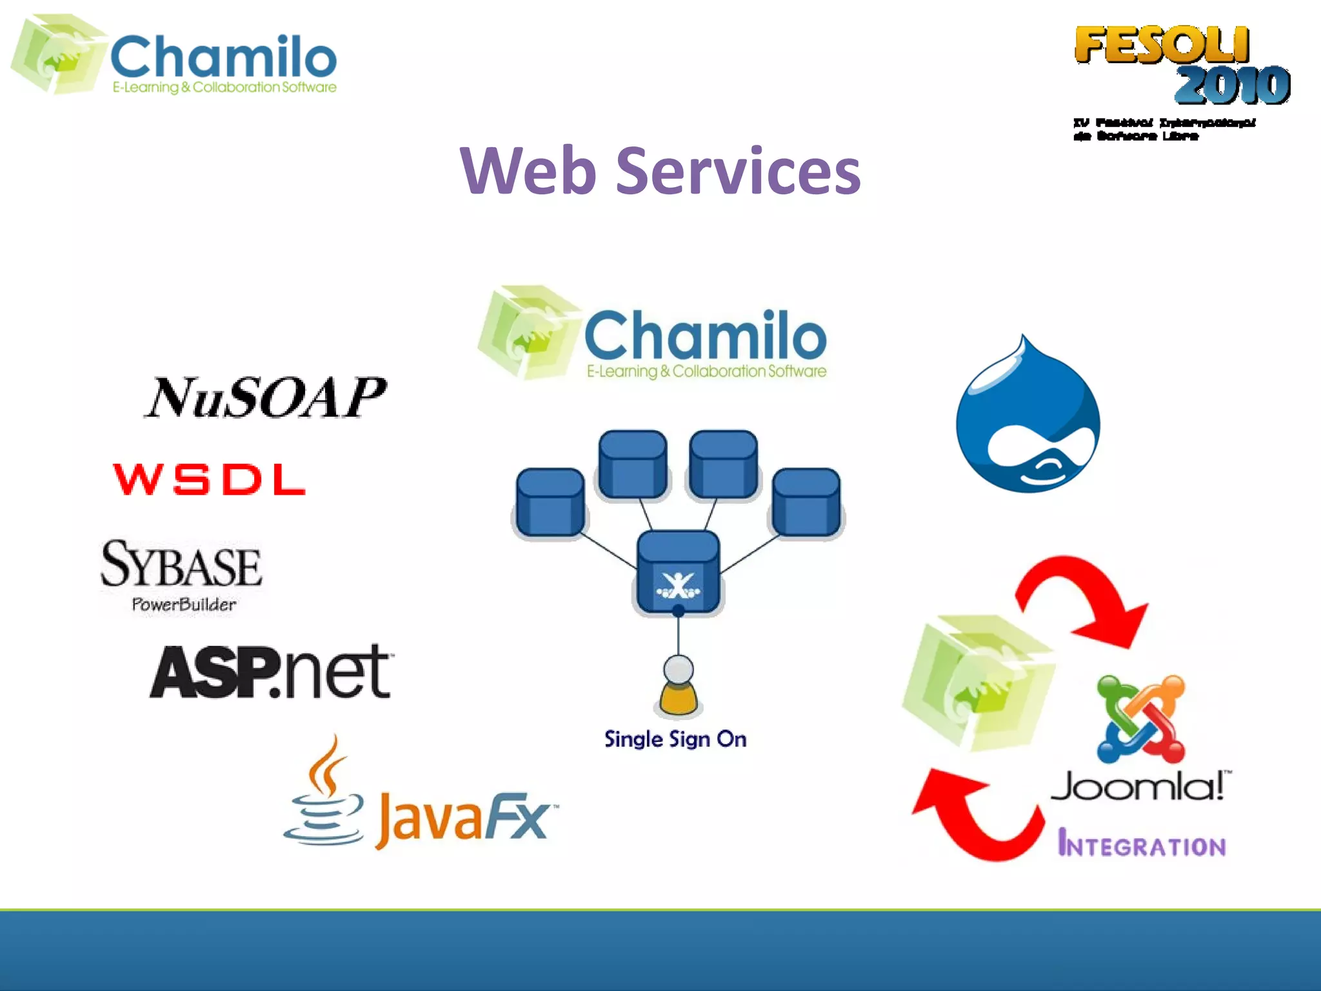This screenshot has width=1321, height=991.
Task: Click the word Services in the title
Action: point(738,170)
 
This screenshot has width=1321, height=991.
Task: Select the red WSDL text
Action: point(209,479)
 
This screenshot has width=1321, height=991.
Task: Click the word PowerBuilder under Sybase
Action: point(184,605)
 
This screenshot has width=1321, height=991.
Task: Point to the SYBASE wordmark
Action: point(181,565)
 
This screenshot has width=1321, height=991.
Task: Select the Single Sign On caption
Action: point(675,739)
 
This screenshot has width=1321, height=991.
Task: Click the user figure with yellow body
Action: point(678,686)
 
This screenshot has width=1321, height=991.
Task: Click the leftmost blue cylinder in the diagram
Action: point(550,502)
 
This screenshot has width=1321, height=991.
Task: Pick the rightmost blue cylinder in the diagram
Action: point(806,502)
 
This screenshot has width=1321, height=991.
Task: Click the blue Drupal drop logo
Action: point(1028,419)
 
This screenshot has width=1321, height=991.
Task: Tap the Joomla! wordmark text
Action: point(1140,786)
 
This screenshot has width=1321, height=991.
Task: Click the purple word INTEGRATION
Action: point(1142,844)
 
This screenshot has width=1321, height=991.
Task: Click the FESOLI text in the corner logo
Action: point(1161,45)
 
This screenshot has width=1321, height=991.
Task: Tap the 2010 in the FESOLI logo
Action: point(1232,85)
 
